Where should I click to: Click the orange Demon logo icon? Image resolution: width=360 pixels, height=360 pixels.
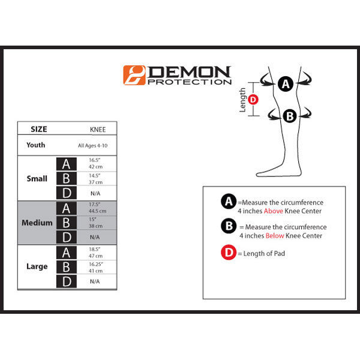134,75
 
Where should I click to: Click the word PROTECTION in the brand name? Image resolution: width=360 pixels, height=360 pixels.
189,82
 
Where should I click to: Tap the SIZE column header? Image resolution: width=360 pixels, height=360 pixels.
38,129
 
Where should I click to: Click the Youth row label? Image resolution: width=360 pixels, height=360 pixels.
35,145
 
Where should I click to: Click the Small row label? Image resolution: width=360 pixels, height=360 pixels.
37,179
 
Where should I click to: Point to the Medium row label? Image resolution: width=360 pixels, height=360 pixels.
37,223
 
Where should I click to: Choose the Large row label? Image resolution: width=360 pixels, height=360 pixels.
37,266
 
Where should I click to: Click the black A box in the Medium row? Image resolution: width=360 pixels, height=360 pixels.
66,208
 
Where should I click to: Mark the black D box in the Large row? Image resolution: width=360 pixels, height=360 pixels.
66,281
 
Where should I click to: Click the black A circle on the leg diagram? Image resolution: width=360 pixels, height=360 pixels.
286,85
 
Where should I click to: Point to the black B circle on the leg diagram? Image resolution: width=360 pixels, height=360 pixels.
290,116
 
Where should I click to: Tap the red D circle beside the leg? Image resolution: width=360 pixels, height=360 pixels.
253,100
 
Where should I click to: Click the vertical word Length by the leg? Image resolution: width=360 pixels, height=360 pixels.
243,100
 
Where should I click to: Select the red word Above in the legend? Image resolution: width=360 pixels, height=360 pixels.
274,211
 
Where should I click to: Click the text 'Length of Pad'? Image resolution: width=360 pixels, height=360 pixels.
265,254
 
